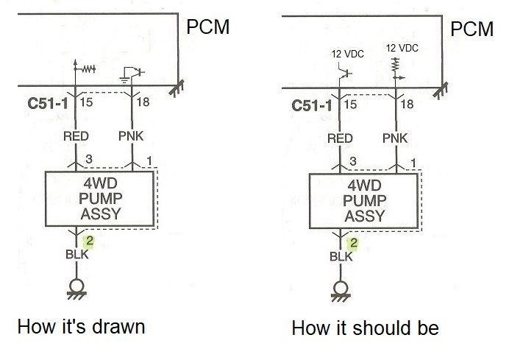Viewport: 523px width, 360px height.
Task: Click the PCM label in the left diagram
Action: coord(208,27)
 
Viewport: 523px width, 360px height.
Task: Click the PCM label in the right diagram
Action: coord(472,29)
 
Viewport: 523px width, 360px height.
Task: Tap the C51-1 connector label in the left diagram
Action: coord(48,103)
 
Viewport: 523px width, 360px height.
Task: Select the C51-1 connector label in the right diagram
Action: coord(312,105)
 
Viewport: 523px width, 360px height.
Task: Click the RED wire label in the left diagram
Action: coord(76,136)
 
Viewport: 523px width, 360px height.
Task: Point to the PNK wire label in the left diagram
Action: coord(131,136)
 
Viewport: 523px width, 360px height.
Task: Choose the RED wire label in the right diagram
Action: coord(340,138)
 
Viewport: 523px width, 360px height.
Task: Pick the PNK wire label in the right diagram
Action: coord(395,138)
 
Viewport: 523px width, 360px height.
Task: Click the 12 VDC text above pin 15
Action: coord(347,54)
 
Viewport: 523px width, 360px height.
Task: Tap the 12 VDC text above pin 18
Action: coord(402,48)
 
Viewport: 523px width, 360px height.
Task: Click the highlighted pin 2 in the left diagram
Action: coord(90,241)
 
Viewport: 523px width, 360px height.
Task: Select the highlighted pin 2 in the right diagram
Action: coord(354,243)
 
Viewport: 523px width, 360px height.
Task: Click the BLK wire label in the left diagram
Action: coord(77,255)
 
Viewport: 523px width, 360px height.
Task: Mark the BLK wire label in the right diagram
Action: coord(341,256)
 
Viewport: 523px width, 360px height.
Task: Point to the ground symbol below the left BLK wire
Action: coord(77,289)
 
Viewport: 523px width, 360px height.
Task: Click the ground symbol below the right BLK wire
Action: coord(341,292)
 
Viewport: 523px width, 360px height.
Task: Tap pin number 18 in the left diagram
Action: coord(143,102)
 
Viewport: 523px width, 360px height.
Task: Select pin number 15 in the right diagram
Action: coord(350,105)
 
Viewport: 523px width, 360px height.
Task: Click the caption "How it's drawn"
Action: coord(81,326)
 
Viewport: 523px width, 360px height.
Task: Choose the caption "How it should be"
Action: coord(366,328)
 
